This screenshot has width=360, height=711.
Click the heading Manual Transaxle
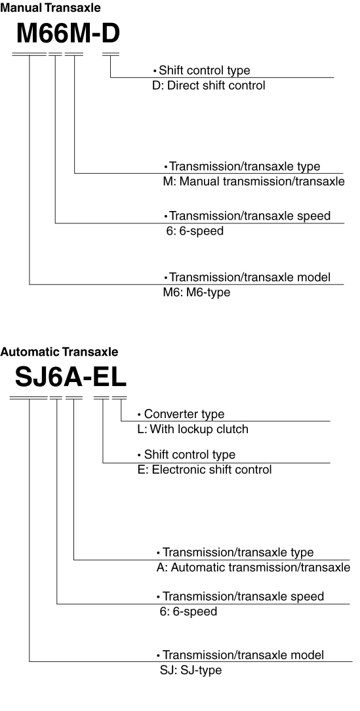pyautogui.click(x=50, y=8)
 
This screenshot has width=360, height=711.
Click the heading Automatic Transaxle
pyautogui.click(x=59, y=352)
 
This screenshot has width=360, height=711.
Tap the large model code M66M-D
pyautogui.click(x=68, y=33)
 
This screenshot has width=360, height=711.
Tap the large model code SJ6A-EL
pyautogui.click(x=70, y=377)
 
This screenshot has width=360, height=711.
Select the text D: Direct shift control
pyautogui.click(x=209, y=85)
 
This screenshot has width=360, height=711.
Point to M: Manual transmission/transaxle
pyautogui.click(x=254, y=182)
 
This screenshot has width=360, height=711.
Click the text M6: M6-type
pyautogui.click(x=197, y=292)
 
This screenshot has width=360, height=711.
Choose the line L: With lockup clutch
pyautogui.click(x=193, y=429)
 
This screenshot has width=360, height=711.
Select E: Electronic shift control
pyautogui.click(x=205, y=469)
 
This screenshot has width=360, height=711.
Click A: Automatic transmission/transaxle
pyautogui.click(x=253, y=567)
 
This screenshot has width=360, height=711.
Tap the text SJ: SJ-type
pyautogui.click(x=191, y=670)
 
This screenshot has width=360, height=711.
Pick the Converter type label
pyautogui.click(x=184, y=414)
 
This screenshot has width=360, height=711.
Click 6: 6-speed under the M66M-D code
pyautogui.click(x=195, y=231)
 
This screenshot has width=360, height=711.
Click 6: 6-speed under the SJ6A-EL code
pyautogui.click(x=188, y=611)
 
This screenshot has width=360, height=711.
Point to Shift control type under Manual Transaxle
pyautogui.click(x=205, y=70)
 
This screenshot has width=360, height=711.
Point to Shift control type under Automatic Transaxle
pyautogui.click(x=190, y=454)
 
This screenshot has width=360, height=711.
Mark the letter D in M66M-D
pyautogui.click(x=111, y=33)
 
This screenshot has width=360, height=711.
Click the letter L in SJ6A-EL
pyautogui.click(x=119, y=377)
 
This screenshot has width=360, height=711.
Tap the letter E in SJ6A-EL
pyautogui.click(x=102, y=377)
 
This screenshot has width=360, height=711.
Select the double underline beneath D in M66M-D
pyautogui.click(x=111, y=54)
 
